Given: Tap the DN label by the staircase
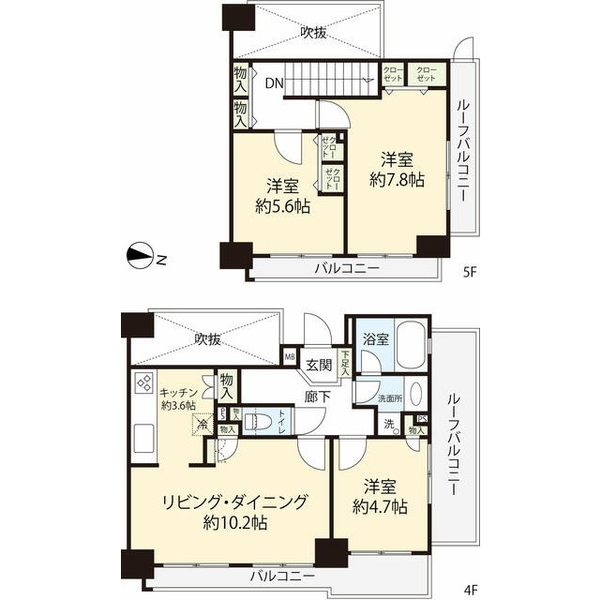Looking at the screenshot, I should (274, 83).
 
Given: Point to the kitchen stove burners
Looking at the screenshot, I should (145, 383).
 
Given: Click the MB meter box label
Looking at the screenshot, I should (290, 356).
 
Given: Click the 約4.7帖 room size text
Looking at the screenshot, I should (382, 506).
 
